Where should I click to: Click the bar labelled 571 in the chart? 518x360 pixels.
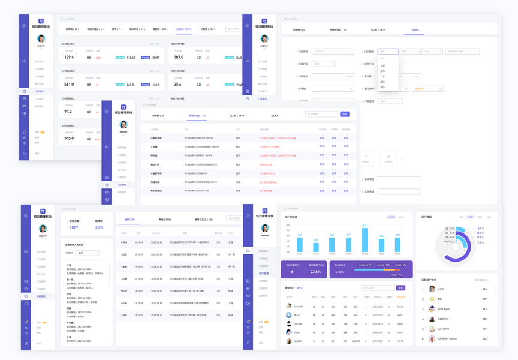pyautogui.click(x=364, y=240)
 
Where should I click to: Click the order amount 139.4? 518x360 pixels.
pyautogui.click(x=69, y=58)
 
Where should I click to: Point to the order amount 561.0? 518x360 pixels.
pyautogui.click(x=69, y=85)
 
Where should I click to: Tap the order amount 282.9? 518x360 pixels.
pyautogui.click(x=69, y=139)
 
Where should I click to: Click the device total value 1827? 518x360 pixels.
pyautogui.click(x=74, y=227)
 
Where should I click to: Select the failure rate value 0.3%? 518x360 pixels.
pyautogui.click(x=99, y=227)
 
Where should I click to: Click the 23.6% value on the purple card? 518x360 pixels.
pyautogui.click(x=315, y=272)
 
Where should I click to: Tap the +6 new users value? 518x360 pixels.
pyautogui.click(x=291, y=272)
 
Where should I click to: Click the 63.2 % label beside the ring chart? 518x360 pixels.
pyautogui.click(x=480, y=233)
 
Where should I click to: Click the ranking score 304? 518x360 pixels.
pyautogui.click(x=484, y=289)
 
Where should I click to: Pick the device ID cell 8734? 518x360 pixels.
pyautogui.click(x=124, y=242)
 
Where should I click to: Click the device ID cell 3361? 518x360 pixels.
pyautogui.click(x=124, y=315)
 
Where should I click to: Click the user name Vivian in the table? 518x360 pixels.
pyautogui.click(x=297, y=332)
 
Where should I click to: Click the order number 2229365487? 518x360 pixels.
pyautogui.click(x=68, y=44)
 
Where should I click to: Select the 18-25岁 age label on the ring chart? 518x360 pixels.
pyautogui.click(x=450, y=229)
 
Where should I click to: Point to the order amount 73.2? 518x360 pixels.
pyautogui.click(x=68, y=112)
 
